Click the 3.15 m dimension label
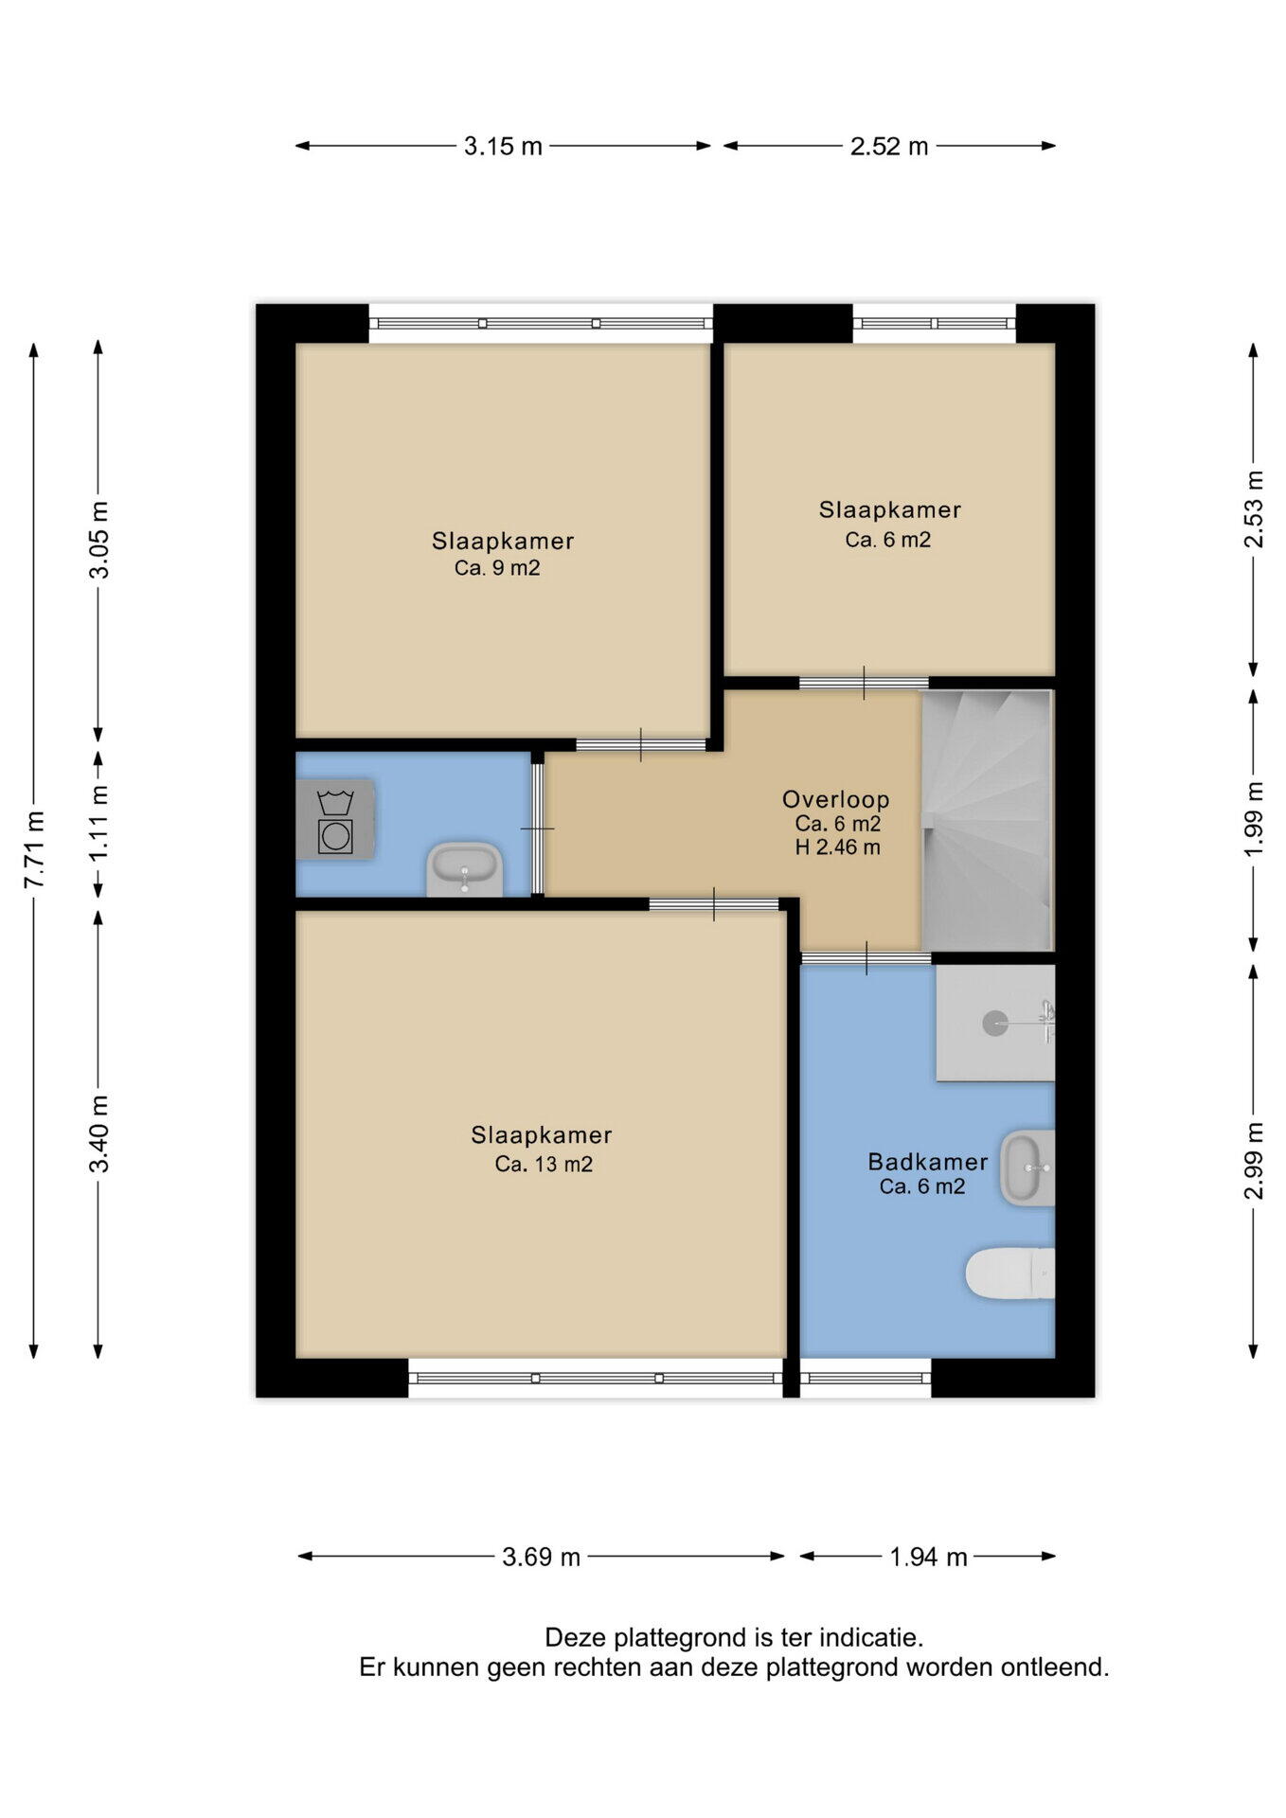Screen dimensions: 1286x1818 click(503, 146)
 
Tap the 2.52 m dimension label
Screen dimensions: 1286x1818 click(889, 146)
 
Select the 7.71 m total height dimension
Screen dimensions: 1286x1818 click(34, 849)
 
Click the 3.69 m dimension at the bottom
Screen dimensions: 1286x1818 click(541, 1556)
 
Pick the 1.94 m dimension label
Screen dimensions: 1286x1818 click(928, 1556)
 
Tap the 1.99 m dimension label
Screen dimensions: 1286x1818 click(1254, 818)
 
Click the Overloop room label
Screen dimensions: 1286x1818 click(835, 799)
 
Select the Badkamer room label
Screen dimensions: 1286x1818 click(928, 1162)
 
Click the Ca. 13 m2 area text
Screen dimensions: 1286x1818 click(544, 1165)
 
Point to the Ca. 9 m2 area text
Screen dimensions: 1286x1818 click(497, 568)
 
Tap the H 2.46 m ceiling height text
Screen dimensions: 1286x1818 click(837, 847)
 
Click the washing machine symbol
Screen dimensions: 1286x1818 click(335, 820)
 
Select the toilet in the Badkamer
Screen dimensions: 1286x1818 click(1009, 1274)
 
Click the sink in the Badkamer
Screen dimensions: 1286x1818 click(1027, 1167)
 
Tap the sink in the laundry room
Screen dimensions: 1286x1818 click(464, 869)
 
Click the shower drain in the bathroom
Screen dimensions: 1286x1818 click(994, 1023)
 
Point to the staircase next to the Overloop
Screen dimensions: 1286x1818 click(987, 820)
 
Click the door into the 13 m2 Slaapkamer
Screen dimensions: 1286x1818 click(714, 904)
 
